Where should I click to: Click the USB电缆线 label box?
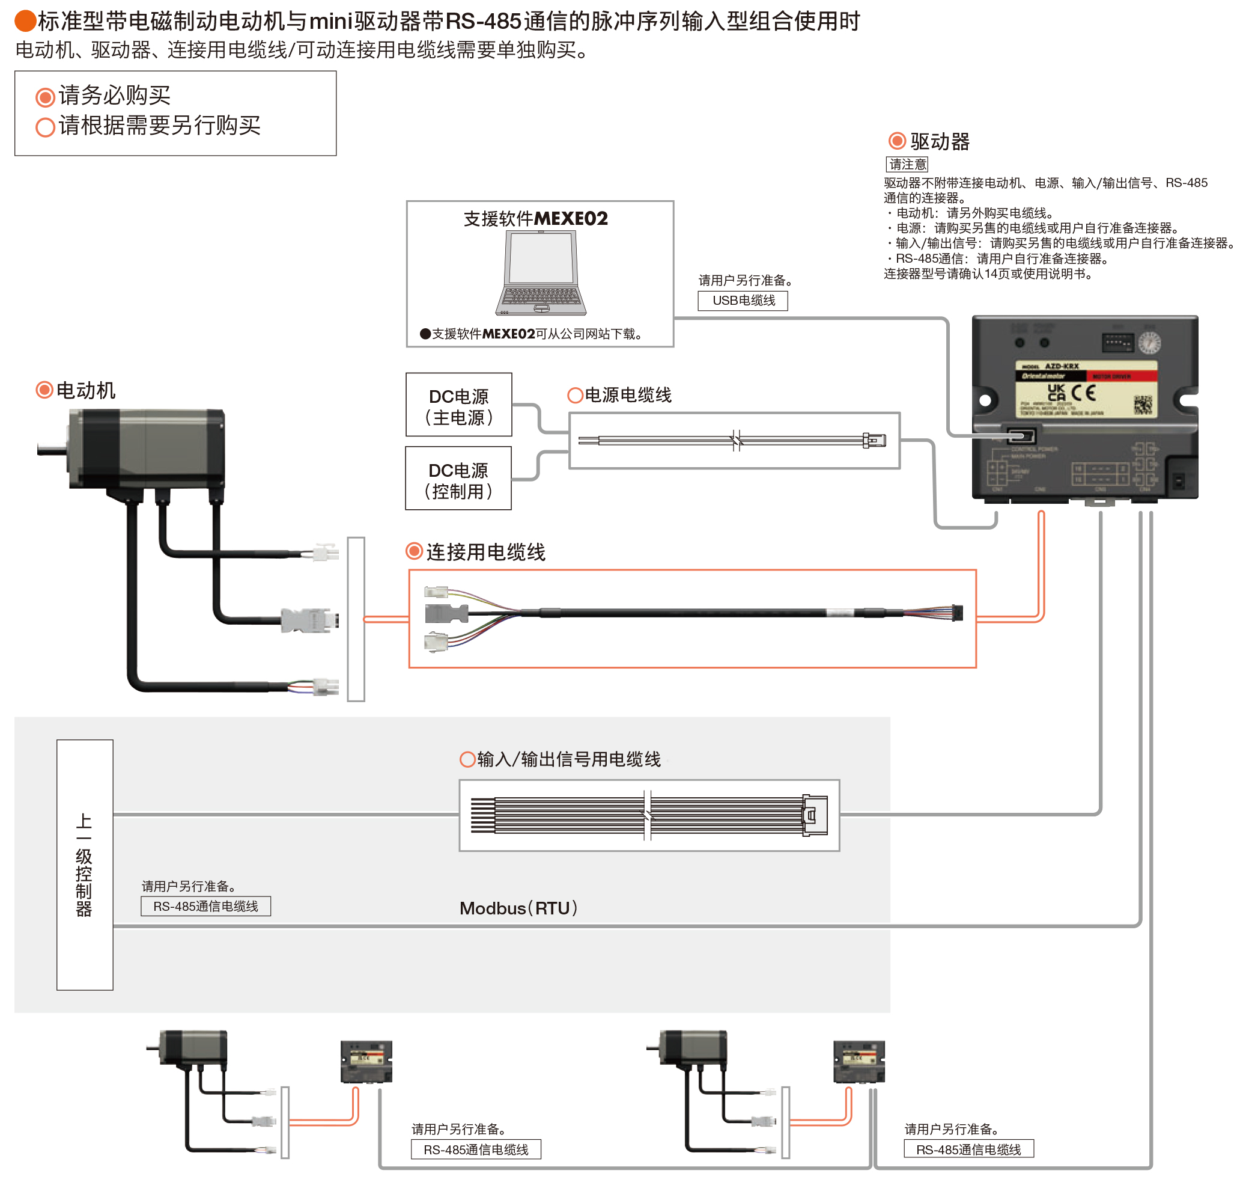coord(743,301)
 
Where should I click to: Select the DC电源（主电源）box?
coord(458,405)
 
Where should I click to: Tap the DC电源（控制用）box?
coord(458,479)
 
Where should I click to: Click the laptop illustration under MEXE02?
coord(541,273)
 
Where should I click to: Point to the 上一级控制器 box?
coord(84,864)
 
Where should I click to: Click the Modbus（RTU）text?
coord(518,908)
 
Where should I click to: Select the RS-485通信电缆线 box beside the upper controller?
coord(205,906)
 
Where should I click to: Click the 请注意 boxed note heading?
coord(907,164)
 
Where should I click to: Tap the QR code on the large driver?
coord(1143,404)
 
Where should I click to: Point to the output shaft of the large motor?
coord(50,450)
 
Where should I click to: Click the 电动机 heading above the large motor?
coord(86,390)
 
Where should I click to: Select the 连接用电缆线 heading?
coord(485,552)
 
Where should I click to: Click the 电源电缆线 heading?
coord(627,396)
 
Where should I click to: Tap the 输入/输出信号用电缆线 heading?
coord(568,759)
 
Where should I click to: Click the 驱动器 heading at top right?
coord(940,141)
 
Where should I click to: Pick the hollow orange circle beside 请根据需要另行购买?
coord(45,127)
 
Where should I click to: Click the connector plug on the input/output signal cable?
coord(814,815)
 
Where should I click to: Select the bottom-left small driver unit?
coord(366,1062)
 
